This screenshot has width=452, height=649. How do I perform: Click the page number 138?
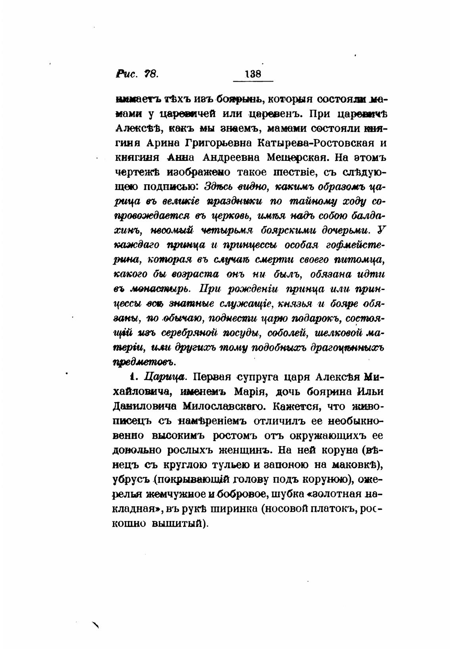tap(253, 74)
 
